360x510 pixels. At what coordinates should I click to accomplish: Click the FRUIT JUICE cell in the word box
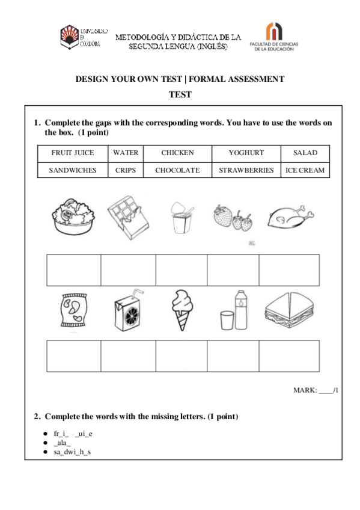(x=73, y=153)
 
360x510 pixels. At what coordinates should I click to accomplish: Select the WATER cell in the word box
(x=126, y=153)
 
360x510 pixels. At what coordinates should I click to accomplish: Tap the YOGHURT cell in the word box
(x=246, y=153)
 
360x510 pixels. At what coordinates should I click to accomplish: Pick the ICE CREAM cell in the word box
(x=305, y=170)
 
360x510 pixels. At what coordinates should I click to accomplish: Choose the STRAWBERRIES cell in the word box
(x=246, y=170)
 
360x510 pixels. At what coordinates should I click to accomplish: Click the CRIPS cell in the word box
(x=126, y=170)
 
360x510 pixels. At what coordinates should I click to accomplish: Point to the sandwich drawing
(x=290, y=310)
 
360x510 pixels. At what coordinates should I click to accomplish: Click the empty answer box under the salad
(x=73, y=269)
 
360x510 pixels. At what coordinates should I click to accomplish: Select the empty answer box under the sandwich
(x=289, y=355)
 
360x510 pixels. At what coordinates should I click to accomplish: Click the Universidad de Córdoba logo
(x=84, y=37)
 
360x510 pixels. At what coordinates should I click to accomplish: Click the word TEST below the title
(x=180, y=94)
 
